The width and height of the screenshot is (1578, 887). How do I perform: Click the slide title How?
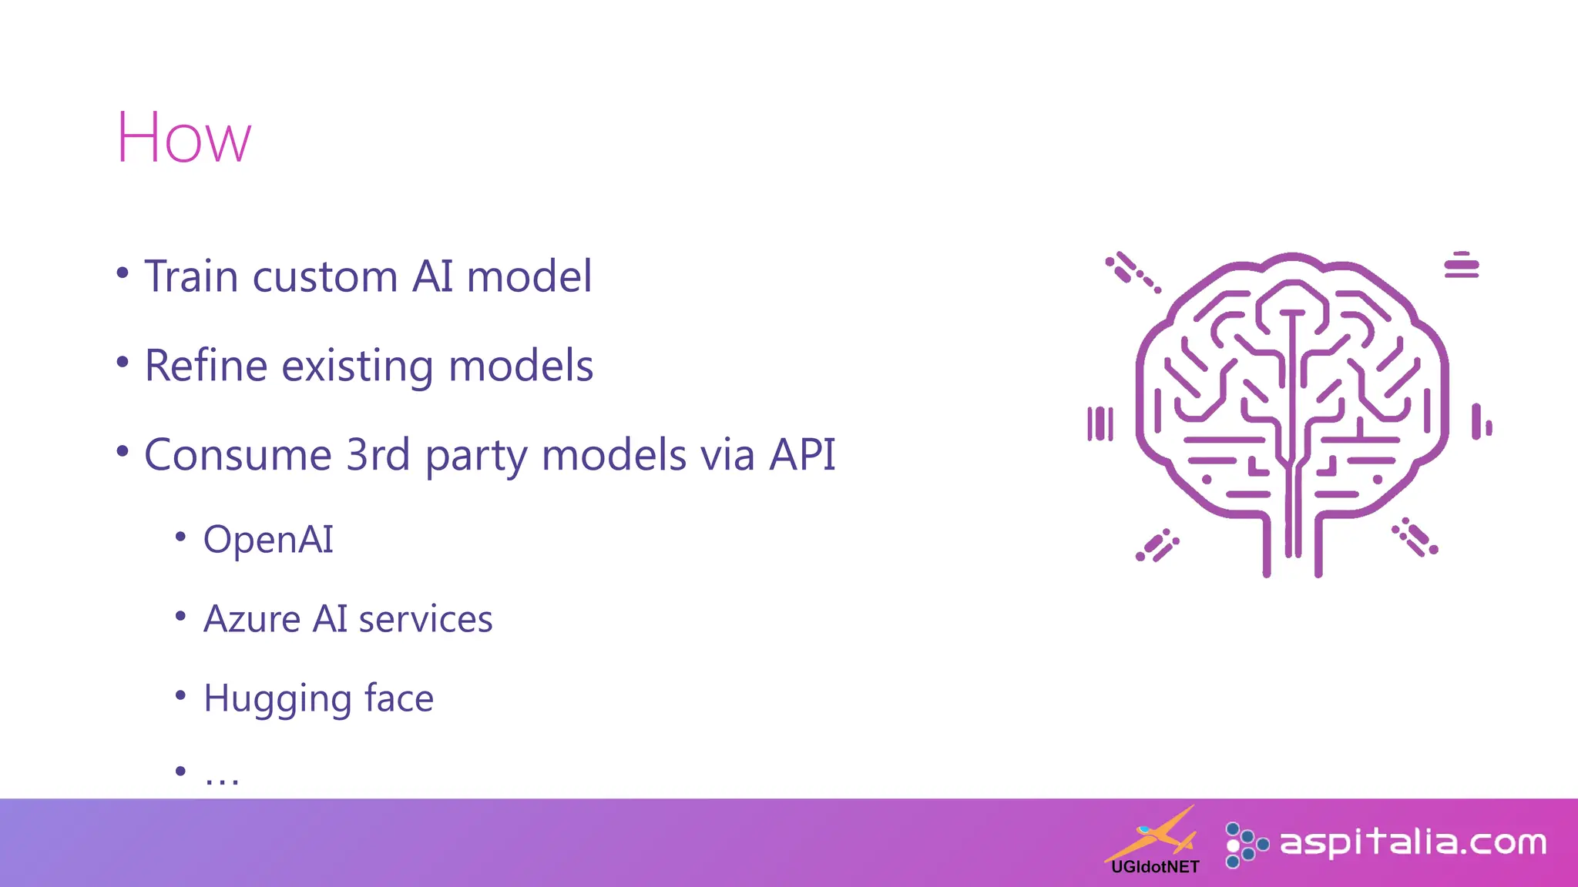pos(183,139)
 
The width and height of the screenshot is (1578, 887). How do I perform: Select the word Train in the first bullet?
pos(191,276)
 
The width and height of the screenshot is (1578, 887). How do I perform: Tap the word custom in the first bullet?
pos(324,276)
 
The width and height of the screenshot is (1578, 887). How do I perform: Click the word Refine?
pos(205,366)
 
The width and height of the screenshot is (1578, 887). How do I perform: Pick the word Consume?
pos(238,455)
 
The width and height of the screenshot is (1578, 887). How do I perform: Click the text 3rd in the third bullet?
pos(378,455)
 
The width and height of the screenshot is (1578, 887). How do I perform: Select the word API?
pos(802,455)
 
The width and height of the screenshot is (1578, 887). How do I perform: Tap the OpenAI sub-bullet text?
pos(268,540)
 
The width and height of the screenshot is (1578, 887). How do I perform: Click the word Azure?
pos(251,619)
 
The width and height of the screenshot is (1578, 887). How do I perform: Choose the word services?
pos(425,619)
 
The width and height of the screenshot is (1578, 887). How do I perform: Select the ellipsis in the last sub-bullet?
pos(222,779)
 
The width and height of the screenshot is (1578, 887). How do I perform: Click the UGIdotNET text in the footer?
pos(1155,867)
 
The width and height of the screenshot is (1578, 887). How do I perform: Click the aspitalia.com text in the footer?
pos(1413,842)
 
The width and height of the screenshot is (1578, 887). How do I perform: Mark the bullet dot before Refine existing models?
pos(123,361)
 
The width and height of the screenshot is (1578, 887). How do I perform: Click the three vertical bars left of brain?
pos(1100,423)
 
